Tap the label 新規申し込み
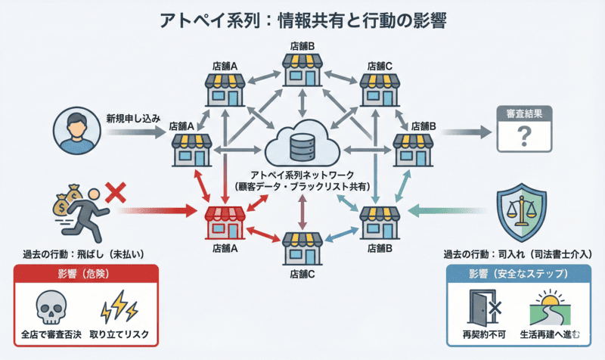(132, 119)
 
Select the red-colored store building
(228, 222)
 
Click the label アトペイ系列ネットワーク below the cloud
(302, 177)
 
